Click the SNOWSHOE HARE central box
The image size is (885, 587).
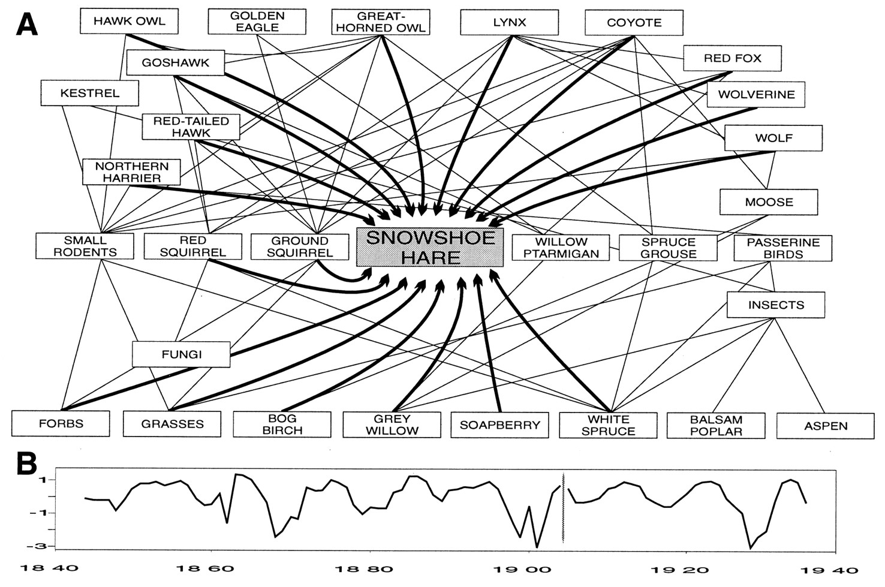pos(430,247)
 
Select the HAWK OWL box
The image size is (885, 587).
pos(129,22)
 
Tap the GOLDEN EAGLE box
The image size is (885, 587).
pos(257,22)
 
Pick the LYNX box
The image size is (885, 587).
pos(509,23)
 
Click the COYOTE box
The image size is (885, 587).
pos(634,23)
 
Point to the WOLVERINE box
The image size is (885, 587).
pos(755,95)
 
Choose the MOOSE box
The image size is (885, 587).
pos(769,202)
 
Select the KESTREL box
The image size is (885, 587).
pos(89,94)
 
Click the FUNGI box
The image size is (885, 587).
pos(181,354)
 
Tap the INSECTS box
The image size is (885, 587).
pos(775,305)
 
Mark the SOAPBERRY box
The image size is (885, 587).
pos(499,425)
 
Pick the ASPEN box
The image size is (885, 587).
pos(826,426)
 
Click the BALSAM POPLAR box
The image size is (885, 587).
pos(716,426)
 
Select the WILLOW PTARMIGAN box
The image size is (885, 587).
pos(561,248)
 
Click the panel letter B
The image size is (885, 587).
pos(26,463)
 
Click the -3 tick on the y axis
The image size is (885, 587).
pos(42,546)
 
